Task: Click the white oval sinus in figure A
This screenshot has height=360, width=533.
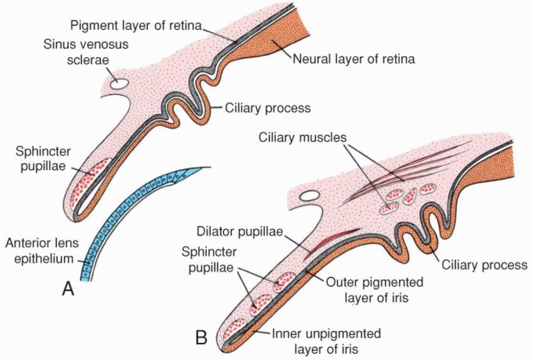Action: click(119, 82)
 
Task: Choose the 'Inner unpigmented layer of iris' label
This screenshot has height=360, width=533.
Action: click(326, 339)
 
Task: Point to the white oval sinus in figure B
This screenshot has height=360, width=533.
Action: click(311, 196)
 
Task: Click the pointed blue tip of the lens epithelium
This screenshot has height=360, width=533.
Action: click(204, 169)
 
